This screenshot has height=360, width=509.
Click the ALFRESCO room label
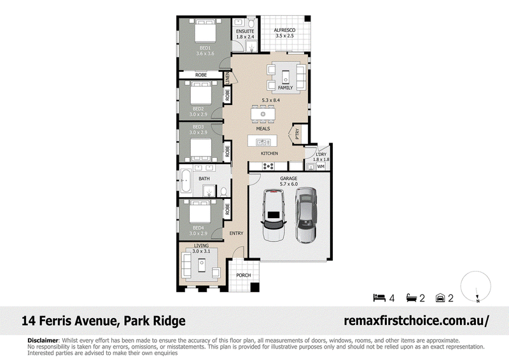pos(284,30)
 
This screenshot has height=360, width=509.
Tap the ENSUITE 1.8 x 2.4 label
pos(245,34)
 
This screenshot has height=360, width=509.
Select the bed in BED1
pos(205,31)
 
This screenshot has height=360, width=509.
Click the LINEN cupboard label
pos(227,78)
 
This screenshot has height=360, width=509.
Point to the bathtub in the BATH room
pos(186,181)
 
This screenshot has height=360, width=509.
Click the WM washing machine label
pos(321,167)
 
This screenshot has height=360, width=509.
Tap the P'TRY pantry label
pos(297,134)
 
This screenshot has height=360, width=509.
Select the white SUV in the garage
pos(274,215)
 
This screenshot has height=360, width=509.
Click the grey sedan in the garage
pos(306,215)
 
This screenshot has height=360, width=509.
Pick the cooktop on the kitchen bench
pos(268,167)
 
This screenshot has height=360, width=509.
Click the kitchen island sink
pos(262,142)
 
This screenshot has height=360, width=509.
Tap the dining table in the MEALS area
pos(263,114)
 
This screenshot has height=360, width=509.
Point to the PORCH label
pos(244,275)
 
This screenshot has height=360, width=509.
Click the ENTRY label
pos(236,233)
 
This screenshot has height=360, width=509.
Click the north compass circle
pos(475,286)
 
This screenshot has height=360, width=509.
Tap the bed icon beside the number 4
pos(379,298)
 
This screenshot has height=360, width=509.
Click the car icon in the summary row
pos(440,298)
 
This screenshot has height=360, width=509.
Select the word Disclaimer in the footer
pos(43,340)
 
